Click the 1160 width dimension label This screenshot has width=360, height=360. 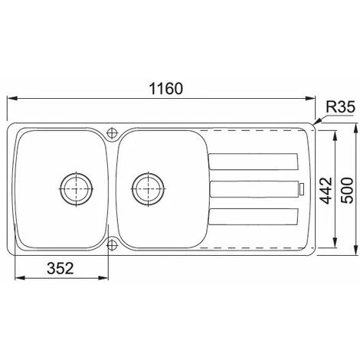coord(166,89)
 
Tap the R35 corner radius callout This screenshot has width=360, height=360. coord(340,107)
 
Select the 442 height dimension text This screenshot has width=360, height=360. coord(326,191)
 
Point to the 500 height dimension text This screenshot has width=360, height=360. coord(348,191)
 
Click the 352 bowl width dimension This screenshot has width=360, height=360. coord(61,268)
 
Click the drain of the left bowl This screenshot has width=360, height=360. coord(77,189)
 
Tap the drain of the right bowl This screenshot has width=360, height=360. coord(148,189)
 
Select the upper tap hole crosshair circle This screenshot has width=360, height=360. coord(112,133)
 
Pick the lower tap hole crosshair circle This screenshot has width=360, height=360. coord(112,245)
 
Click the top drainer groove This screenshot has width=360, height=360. coord(253,162)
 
